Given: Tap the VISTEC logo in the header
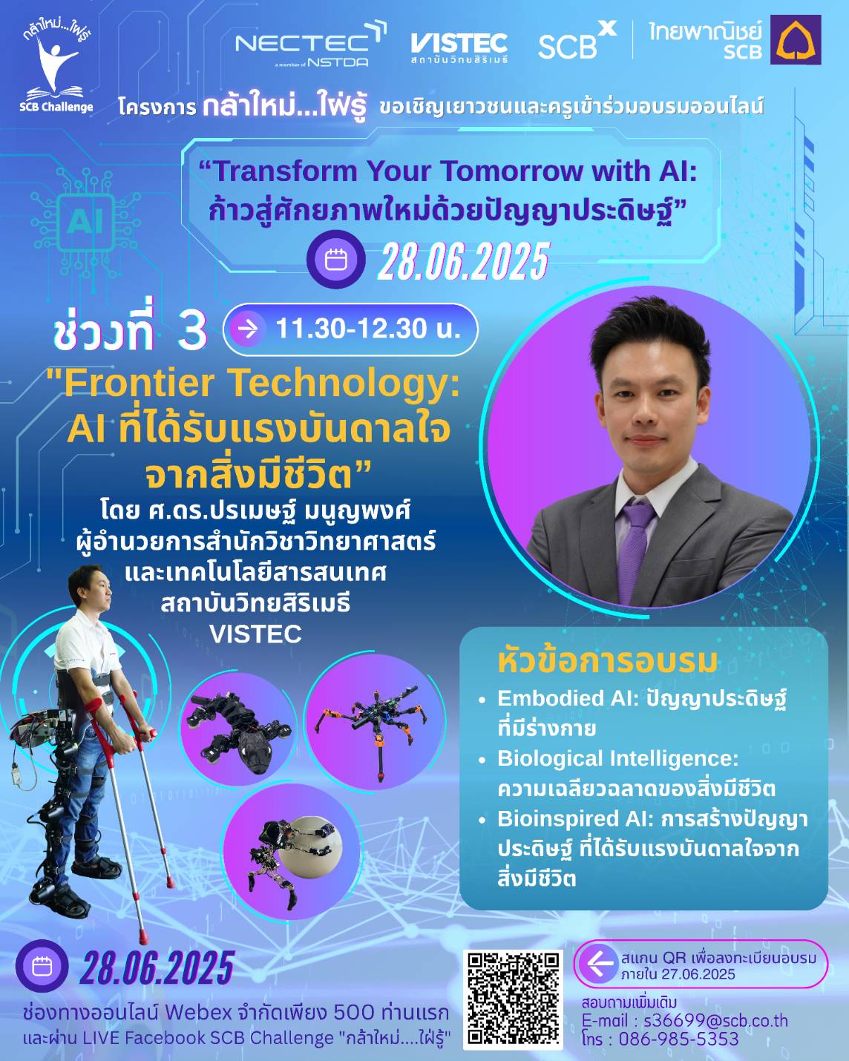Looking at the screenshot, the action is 459,47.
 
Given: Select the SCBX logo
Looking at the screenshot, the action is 577,42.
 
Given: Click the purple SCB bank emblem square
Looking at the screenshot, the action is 796,39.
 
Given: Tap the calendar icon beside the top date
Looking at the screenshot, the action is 336,260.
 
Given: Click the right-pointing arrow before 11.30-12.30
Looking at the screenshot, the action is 248,329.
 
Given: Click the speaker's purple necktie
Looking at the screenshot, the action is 637,552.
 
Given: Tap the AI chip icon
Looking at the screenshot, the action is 86,222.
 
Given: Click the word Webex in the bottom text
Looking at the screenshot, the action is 198,1014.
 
